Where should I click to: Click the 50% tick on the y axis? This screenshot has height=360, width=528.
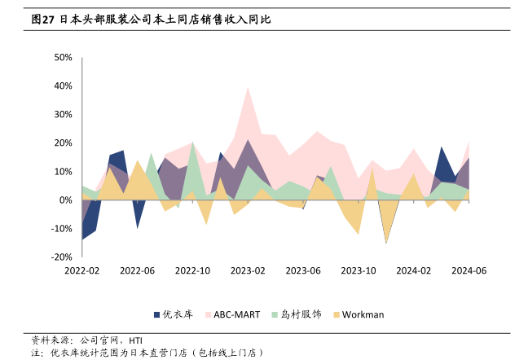(64, 58)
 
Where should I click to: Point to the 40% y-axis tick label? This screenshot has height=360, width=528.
(64, 86)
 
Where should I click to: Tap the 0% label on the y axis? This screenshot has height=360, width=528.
(67, 200)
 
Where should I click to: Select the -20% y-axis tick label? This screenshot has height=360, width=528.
(62, 257)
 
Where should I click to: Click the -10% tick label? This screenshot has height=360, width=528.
(62, 228)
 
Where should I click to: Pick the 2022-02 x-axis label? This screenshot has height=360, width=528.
(82, 270)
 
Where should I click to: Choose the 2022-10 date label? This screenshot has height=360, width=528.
(193, 270)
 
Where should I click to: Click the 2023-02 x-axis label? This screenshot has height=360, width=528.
(249, 270)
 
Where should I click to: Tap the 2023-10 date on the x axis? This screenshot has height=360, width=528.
(359, 270)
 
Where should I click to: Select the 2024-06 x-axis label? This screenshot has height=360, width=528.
(469, 270)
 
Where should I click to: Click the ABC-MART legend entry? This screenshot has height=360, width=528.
(237, 314)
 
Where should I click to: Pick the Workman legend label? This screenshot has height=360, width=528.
(363, 314)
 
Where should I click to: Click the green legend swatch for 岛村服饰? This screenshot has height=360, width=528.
(275, 314)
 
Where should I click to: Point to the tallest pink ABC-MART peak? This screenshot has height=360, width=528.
(248, 87)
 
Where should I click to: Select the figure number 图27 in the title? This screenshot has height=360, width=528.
(42, 18)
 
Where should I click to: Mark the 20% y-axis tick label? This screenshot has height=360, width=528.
(64, 143)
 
